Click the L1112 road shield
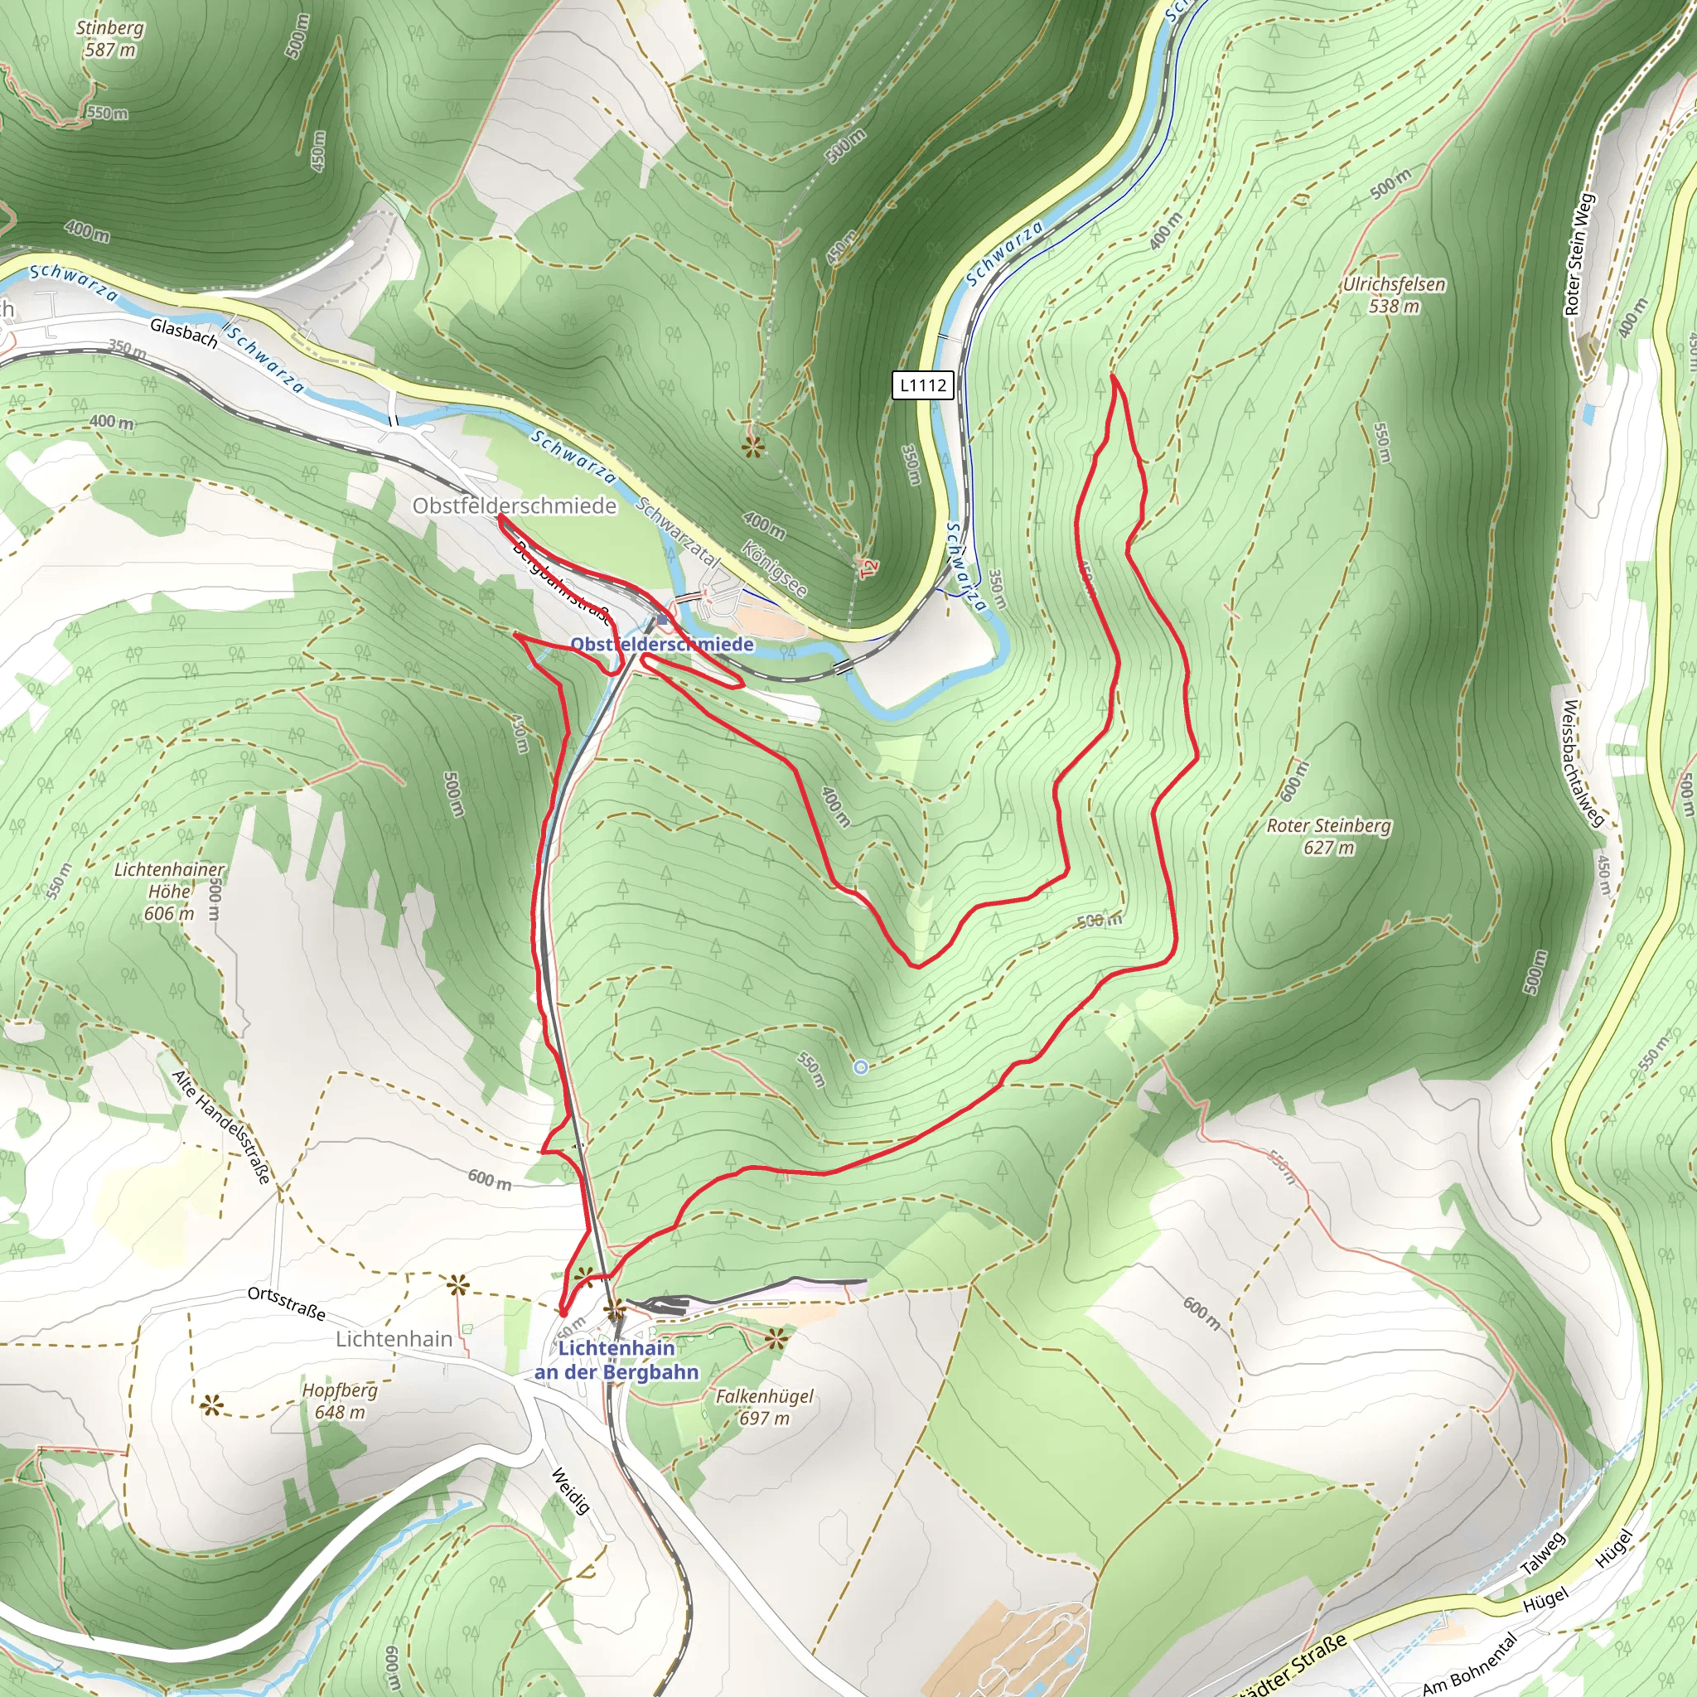pos(923,384)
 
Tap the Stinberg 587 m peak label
pos(110,39)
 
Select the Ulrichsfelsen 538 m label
pos(1394,295)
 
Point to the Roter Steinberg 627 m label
pos(1328,836)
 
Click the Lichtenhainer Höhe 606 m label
pos(170,891)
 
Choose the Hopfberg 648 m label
pos(340,1401)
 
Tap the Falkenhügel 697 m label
pos(764,1407)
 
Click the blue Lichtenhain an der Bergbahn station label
pos(616,1360)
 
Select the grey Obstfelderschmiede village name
pos(515,506)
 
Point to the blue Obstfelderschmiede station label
pos(662,644)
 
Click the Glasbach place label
pos(184,333)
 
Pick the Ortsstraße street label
pos(287,1303)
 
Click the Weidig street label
pos(571,1491)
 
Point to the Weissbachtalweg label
pos(1583,762)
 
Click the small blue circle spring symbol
pos(861,1067)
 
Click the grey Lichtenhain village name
pos(394,1339)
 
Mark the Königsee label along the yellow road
pos(775,569)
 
